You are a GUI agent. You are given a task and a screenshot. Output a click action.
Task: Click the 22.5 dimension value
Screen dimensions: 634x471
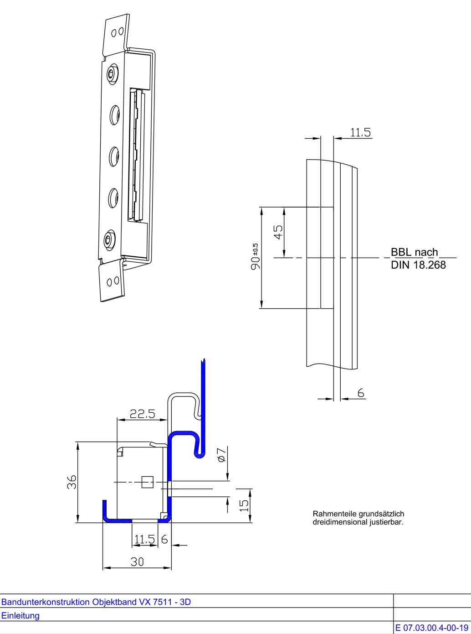click(x=142, y=414)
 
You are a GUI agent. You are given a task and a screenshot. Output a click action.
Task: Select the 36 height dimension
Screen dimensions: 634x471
click(x=72, y=482)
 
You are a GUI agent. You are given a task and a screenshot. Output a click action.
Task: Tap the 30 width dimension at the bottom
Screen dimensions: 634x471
click(x=137, y=561)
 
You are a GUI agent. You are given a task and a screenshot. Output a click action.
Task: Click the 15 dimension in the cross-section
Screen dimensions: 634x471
click(x=244, y=504)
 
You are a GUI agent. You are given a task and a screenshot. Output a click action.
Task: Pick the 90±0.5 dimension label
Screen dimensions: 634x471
click(x=256, y=257)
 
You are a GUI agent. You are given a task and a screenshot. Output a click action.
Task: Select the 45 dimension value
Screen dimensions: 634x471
click(x=278, y=232)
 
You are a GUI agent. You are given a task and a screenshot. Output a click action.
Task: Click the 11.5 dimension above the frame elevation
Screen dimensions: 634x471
click(x=360, y=132)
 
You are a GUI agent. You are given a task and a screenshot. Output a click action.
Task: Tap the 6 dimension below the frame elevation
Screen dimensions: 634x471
click(x=361, y=393)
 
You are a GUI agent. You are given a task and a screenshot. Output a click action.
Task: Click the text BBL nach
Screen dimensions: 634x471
click(x=414, y=252)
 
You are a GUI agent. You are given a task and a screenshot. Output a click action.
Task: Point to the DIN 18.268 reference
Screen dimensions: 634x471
click(x=418, y=265)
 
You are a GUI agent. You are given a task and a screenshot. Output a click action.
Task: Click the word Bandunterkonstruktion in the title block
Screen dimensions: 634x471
click(x=46, y=602)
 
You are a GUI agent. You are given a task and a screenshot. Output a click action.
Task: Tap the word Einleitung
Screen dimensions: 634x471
click(x=20, y=615)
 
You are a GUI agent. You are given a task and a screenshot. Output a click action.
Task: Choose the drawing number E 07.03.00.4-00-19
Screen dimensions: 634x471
click(x=432, y=628)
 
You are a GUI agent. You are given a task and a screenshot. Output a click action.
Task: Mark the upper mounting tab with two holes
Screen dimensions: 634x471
click(x=116, y=35)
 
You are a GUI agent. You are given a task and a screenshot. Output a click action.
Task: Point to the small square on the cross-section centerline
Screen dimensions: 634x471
click(x=147, y=482)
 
